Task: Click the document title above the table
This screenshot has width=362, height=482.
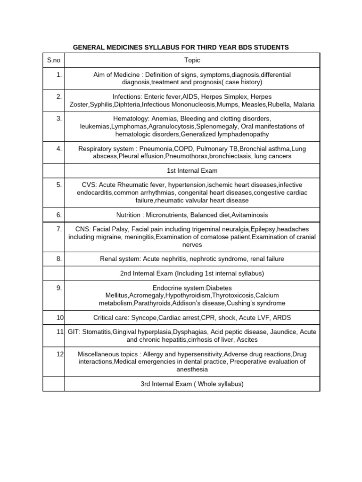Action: (x=181, y=48)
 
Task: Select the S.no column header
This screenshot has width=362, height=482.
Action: (x=53, y=60)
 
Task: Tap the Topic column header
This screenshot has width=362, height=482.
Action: (x=192, y=60)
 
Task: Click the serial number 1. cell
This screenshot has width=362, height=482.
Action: (x=59, y=74)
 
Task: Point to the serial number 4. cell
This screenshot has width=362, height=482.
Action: (x=59, y=149)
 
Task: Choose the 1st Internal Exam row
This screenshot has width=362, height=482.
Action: (x=192, y=170)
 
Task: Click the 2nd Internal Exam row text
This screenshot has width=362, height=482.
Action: (x=192, y=273)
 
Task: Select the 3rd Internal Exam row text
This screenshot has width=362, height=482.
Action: (x=192, y=384)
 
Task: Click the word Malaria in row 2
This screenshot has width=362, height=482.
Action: (x=304, y=104)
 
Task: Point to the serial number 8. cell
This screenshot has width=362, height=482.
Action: (x=59, y=259)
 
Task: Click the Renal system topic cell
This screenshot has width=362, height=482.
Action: (x=192, y=259)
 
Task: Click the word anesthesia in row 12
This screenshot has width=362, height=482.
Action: (x=192, y=370)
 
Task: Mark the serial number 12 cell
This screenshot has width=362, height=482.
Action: (x=60, y=354)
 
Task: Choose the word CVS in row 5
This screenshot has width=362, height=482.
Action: (x=89, y=185)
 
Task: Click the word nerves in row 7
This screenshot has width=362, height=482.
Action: (x=192, y=245)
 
